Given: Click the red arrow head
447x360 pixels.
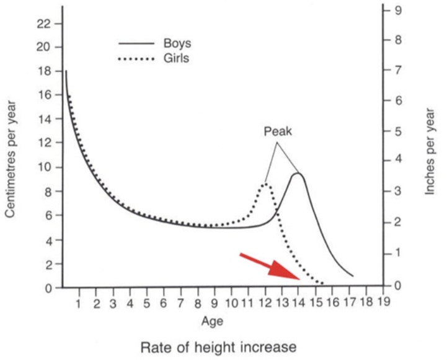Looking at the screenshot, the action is [x=282, y=270].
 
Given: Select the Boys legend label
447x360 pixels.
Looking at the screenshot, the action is [x=177, y=43].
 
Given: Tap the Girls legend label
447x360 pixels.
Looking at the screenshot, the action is [x=176, y=58].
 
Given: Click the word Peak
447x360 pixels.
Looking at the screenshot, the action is [x=278, y=131].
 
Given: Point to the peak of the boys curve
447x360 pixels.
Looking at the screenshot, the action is [x=298, y=173].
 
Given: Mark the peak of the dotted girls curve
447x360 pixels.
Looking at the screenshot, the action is [x=266, y=183].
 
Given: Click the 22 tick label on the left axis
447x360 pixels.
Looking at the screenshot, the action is [x=43, y=24].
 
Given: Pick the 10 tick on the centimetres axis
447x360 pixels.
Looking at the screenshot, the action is [x=43, y=167].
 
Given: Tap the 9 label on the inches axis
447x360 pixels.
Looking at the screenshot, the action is [x=398, y=11].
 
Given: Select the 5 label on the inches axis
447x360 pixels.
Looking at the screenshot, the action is [x=398, y=131].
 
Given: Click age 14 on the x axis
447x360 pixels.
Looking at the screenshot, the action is [x=298, y=303].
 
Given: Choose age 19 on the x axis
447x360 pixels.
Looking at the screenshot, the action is [x=383, y=301].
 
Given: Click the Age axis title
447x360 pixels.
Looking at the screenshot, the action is [x=212, y=322].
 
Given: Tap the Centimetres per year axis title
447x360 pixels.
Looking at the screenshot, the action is [x=10, y=160].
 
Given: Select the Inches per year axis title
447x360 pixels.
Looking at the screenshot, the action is [x=430, y=152].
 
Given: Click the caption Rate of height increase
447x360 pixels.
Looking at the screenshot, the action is [x=219, y=347].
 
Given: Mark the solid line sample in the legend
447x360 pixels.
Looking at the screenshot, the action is [x=136, y=43].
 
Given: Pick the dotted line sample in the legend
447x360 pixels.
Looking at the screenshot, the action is [x=136, y=59].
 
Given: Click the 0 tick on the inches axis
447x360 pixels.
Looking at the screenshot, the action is [x=398, y=286].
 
